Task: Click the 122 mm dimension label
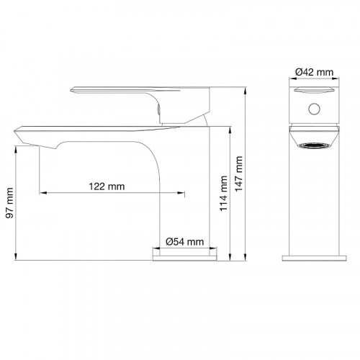pyautogui.click(x=107, y=186)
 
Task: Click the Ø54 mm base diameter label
pyautogui.click(x=184, y=242)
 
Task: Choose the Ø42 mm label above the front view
pyautogui.click(x=314, y=71)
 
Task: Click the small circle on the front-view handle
pyautogui.click(x=313, y=109)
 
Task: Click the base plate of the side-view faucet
pyautogui.click(x=185, y=255)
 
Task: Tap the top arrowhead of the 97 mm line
pyautogui.click(x=16, y=149)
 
